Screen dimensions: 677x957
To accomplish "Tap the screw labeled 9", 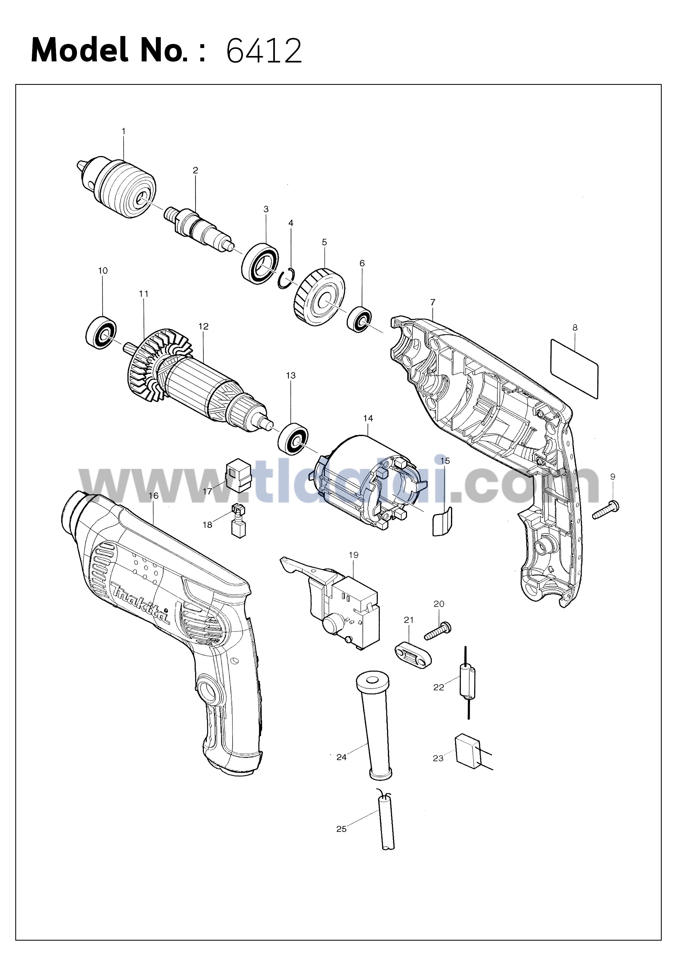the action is (606, 510).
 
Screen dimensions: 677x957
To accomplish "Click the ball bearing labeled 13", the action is (293, 438).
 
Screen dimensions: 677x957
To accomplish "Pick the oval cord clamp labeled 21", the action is (412, 657).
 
